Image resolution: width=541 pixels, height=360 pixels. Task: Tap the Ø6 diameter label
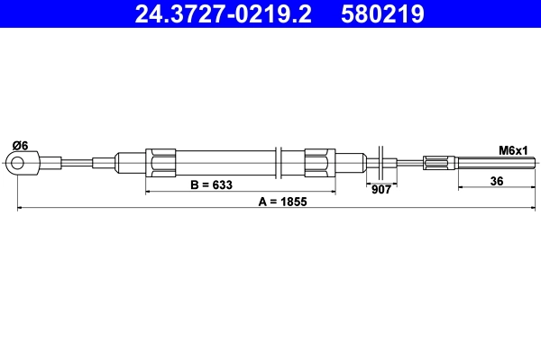(19, 145)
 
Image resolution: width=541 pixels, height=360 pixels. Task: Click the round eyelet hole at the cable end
(16, 163)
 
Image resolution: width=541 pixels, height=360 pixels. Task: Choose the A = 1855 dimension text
(283, 202)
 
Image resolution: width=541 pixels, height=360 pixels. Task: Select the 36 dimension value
(496, 180)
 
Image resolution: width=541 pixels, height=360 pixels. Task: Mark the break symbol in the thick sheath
(281, 163)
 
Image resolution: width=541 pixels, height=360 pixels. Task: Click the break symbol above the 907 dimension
(384, 162)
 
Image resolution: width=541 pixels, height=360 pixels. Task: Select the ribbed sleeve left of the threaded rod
(440, 163)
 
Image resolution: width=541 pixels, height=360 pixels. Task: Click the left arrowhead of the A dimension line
(21, 209)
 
